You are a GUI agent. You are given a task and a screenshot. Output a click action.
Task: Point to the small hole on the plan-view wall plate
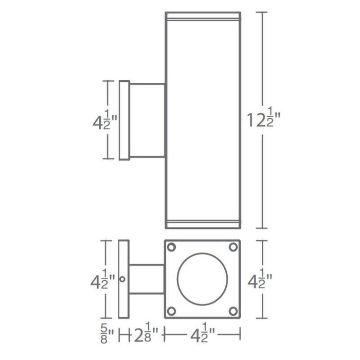click(x=123, y=279)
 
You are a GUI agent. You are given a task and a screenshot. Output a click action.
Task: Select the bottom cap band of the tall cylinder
click(x=202, y=224)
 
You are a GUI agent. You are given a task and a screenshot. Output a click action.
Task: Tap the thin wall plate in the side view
click(x=124, y=120)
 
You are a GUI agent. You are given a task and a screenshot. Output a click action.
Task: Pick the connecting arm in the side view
click(x=147, y=120)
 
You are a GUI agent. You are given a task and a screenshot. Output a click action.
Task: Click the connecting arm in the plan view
click(x=146, y=280)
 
